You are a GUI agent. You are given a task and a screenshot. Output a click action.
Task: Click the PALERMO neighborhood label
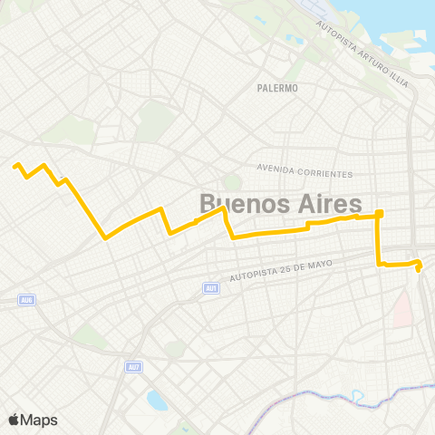tap(277, 88)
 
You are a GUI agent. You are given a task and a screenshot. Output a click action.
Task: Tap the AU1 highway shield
tap(210, 288)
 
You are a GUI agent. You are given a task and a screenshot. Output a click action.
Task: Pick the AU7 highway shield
tap(133, 367)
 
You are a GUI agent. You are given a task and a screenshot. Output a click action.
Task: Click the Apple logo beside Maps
tap(14, 419)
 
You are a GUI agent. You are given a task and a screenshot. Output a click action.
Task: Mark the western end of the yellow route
tap(14, 165)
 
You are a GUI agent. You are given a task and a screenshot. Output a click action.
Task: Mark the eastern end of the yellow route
tap(419, 269)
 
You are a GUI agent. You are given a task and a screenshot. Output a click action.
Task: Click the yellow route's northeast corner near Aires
tap(380, 213)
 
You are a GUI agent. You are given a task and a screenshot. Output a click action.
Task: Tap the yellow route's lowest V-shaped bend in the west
tap(106, 238)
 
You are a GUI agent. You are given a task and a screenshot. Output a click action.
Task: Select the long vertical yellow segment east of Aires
tap(379, 240)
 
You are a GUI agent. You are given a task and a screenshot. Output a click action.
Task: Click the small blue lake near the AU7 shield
tap(156, 399)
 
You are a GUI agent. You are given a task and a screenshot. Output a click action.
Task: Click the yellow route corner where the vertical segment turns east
tap(379, 264)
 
